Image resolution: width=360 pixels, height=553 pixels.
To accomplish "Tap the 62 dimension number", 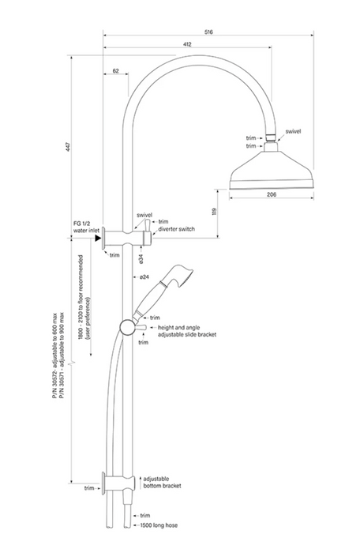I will point(116,71).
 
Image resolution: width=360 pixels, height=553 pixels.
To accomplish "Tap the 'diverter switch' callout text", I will point(175,229).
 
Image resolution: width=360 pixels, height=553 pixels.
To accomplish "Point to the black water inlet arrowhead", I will point(99,236).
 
